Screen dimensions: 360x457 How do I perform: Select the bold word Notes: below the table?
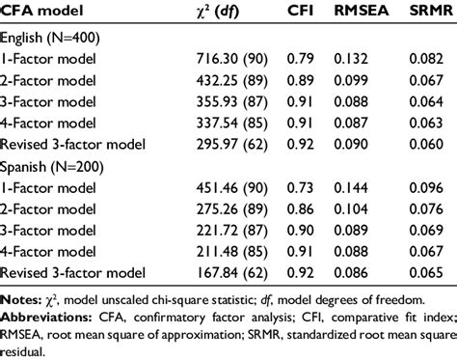pos(20,300)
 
